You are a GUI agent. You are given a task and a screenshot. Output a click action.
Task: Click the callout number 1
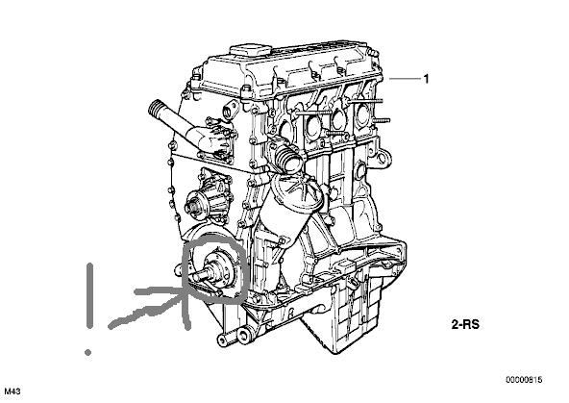click(x=426, y=79)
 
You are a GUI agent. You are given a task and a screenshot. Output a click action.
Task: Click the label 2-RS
click(x=465, y=324)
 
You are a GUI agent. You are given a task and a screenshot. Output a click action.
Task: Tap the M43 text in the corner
click(x=12, y=391)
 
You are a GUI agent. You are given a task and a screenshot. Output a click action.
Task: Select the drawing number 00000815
click(x=524, y=380)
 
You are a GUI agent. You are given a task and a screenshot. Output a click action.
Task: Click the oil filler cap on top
click(x=251, y=51)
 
